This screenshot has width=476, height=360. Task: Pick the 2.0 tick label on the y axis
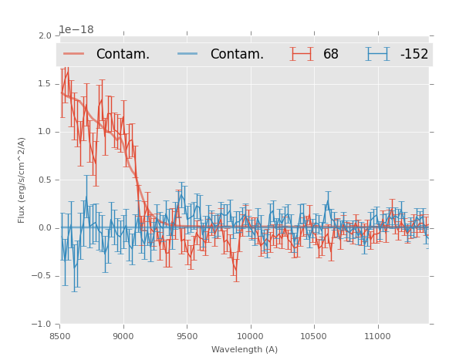pos(45,35)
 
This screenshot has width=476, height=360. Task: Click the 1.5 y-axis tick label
pos(45,83)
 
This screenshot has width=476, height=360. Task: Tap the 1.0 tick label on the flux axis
pos(45,132)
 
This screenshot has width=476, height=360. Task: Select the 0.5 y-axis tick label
pos(45,180)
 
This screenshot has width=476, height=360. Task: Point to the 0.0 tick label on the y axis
pos(45,228)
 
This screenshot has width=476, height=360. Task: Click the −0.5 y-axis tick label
pos(42,276)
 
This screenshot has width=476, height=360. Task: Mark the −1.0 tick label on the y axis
pos(42,325)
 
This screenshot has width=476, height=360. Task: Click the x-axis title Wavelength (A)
pos(245,349)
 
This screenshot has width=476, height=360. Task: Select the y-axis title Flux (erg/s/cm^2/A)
pos(22,180)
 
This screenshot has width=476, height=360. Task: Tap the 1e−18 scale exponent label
pos(76,30)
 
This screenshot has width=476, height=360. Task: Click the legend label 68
pos(331,55)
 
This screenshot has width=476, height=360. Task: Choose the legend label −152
pos(414,55)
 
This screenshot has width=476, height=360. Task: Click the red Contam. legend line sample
pos(74,54)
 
